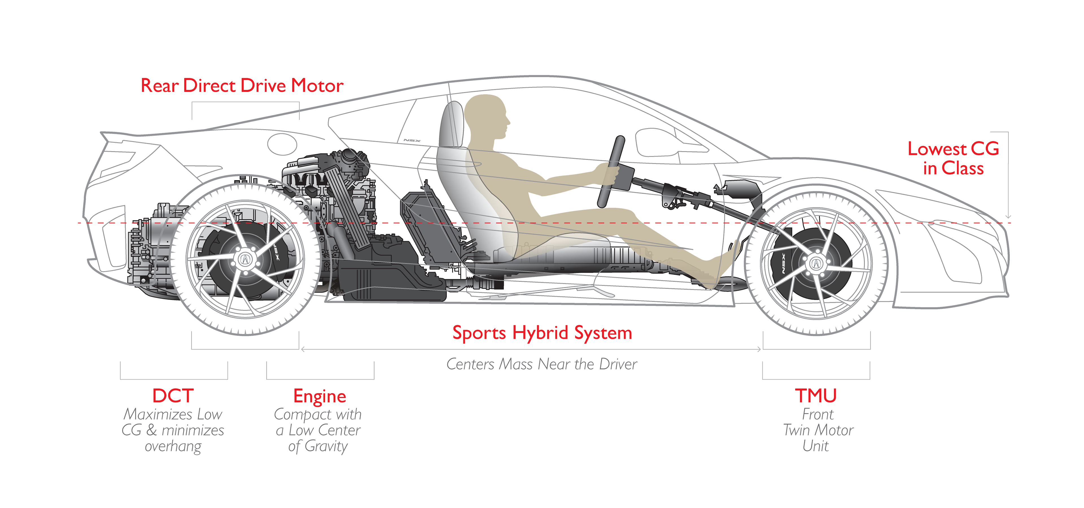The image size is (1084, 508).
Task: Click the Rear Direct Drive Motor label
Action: click(x=242, y=86)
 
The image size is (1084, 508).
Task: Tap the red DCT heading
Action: click(x=173, y=396)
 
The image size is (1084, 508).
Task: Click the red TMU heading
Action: click(x=816, y=396)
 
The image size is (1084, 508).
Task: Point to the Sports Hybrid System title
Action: click(x=542, y=333)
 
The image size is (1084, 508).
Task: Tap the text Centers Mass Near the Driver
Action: click(x=542, y=364)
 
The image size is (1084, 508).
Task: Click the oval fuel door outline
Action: click(x=282, y=144)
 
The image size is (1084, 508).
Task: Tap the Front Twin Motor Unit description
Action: click(x=818, y=430)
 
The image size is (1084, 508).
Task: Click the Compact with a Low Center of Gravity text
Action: click(x=318, y=430)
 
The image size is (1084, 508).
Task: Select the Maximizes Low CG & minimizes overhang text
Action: click(x=173, y=430)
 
